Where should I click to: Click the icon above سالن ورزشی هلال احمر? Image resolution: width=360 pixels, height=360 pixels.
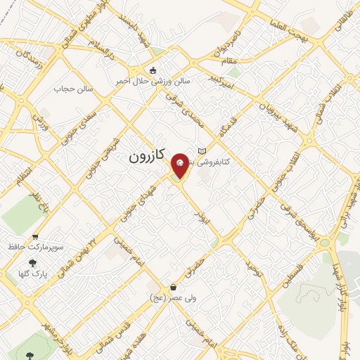[153, 69]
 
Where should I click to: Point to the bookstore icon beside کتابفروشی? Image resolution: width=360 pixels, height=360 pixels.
[203, 151]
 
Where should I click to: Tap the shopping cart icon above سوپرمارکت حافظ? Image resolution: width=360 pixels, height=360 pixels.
[35, 237]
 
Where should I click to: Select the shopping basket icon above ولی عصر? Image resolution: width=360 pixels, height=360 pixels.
[173, 287]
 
